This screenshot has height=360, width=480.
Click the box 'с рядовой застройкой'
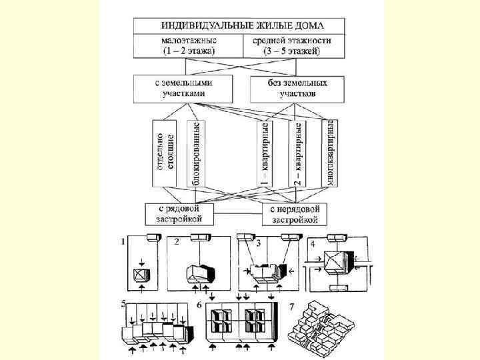click(183, 213)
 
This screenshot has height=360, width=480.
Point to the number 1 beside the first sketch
click(123, 243)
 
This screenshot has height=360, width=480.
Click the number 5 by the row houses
click(123, 305)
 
